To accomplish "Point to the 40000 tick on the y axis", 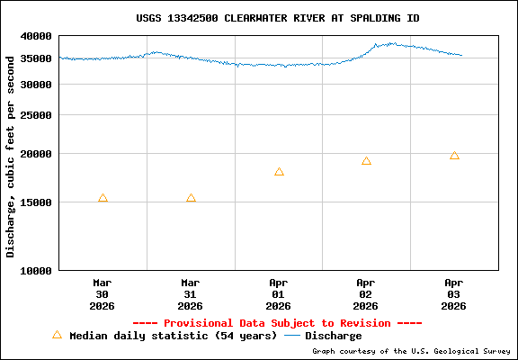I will [37, 37].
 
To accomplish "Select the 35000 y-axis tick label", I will [37, 58].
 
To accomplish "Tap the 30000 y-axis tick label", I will [37, 85].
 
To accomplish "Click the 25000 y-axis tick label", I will [37, 115].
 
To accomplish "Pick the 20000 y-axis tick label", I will [37, 154].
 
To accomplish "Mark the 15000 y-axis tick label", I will [37, 202].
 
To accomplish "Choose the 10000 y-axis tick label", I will [37, 270].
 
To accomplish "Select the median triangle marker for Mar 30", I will [103, 198].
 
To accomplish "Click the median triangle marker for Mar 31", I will [191, 198].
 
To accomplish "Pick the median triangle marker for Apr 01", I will [279, 172].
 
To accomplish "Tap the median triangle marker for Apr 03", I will [454, 156].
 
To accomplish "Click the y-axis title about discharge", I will [11, 153].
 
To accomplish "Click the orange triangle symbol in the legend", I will [57, 335].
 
